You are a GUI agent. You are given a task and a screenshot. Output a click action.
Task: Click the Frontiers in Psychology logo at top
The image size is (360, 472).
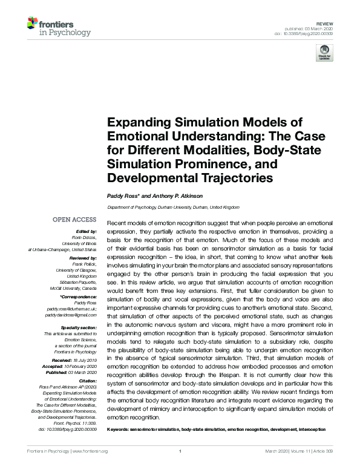point(59,27)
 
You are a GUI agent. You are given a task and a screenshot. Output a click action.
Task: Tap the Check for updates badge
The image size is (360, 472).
point(324,52)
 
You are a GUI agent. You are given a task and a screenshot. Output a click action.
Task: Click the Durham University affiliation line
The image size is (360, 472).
point(174,206)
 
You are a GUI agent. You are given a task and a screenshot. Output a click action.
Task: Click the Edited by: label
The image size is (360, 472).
point(86,231)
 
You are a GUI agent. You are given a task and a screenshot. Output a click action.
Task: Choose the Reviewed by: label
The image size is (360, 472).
point(82,258)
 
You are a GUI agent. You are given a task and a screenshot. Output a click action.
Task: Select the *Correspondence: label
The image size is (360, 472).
point(78,298)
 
